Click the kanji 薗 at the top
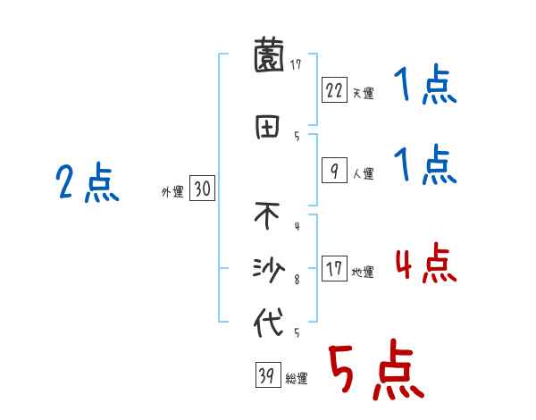tap(269, 57)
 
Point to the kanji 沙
tap(269, 268)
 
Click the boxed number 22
tap(334, 89)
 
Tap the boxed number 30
tap(202, 189)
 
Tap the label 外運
tap(172, 191)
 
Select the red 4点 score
tap(423, 265)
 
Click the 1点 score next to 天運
tap(423, 86)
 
